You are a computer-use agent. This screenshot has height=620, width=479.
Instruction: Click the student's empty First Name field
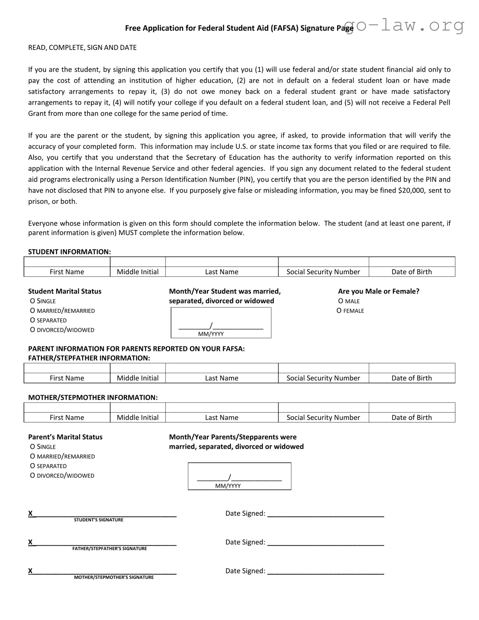(x=67, y=262)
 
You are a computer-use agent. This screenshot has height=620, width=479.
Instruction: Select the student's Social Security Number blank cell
(x=323, y=262)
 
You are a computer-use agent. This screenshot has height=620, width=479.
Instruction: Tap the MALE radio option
(x=341, y=301)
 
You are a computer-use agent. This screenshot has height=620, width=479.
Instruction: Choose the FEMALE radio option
(x=339, y=311)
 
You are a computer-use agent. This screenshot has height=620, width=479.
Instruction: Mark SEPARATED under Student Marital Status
(x=32, y=320)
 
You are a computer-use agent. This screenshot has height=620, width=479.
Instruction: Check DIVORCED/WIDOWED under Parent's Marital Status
(x=32, y=476)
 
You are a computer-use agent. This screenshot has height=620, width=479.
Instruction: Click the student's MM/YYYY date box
(x=221, y=322)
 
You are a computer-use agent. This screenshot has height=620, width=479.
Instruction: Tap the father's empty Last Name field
(x=221, y=368)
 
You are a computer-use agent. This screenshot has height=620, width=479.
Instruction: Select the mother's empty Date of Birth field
(x=412, y=408)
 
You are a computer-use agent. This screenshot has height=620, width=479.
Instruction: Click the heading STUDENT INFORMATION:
(x=70, y=252)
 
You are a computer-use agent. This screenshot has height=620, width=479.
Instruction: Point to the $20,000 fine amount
(x=411, y=190)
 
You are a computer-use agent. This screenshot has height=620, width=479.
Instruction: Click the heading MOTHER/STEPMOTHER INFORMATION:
(x=93, y=397)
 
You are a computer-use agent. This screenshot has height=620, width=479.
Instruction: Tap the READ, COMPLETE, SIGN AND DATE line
(x=82, y=47)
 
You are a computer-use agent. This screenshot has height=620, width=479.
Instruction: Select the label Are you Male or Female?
(x=378, y=291)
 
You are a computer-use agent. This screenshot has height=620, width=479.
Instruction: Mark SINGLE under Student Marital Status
(x=32, y=301)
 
